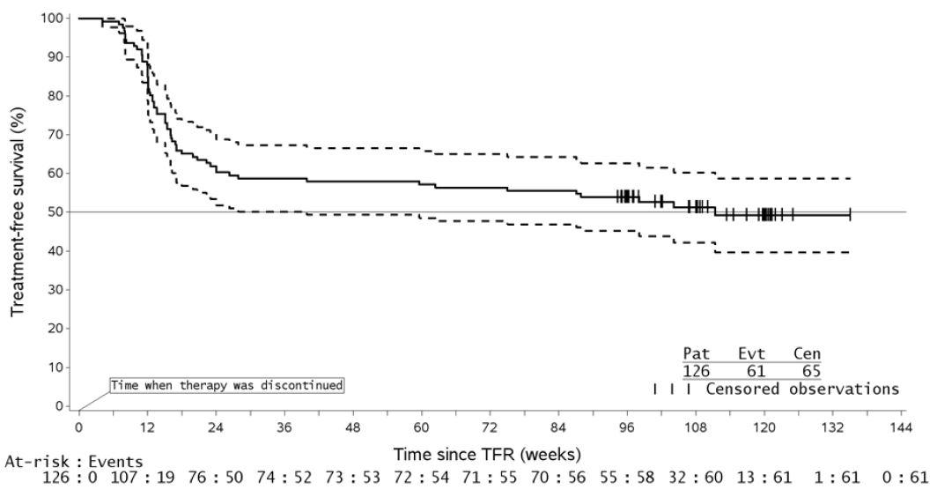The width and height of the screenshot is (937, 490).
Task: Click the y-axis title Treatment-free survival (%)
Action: (x=17, y=212)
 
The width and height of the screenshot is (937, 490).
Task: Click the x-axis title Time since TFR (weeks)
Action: (x=489, y=455)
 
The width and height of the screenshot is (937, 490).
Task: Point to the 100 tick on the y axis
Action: (x=61, y=19)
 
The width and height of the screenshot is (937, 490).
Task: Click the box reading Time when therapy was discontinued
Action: (x=225, y=385)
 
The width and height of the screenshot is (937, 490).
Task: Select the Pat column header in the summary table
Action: (x=697, y=353)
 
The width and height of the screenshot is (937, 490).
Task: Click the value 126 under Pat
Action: (x=697, y=371)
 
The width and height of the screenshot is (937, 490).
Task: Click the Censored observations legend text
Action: (x=802, y=389)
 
